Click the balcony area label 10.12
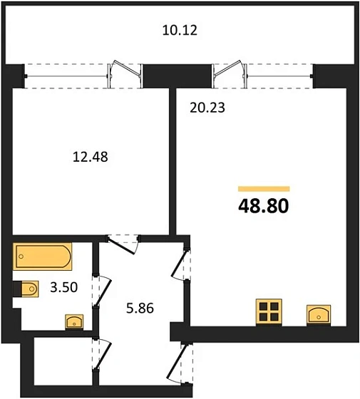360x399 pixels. (179, 31)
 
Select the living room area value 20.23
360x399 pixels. (207, 108)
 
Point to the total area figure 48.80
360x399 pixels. (263, 207)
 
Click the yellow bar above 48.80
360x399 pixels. (263, 188)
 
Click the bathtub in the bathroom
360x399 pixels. (42, 256)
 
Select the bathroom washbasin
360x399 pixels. (74, 320)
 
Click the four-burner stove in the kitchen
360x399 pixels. (269, 311)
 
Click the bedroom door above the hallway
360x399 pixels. (119, 243)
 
